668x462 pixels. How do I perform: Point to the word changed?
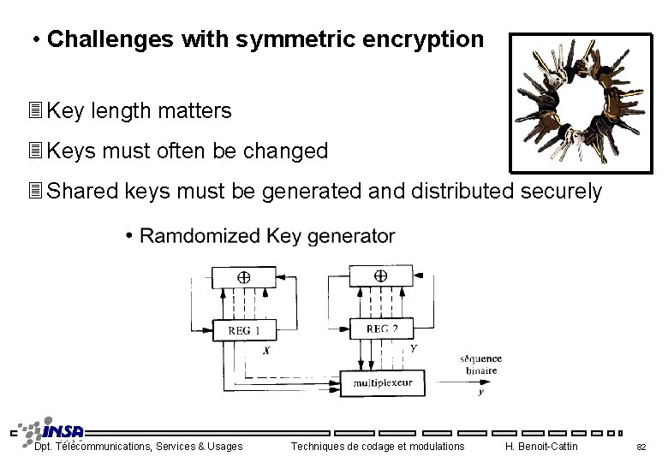285,151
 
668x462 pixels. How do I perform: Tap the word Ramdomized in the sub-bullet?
200,235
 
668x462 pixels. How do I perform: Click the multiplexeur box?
383,382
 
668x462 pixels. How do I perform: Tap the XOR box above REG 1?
243,277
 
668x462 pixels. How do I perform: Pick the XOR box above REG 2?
380,276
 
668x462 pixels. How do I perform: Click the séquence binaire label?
480,364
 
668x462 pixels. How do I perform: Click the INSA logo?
54,431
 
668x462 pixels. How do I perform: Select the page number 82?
641,447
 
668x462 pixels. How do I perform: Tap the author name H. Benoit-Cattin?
541,446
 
